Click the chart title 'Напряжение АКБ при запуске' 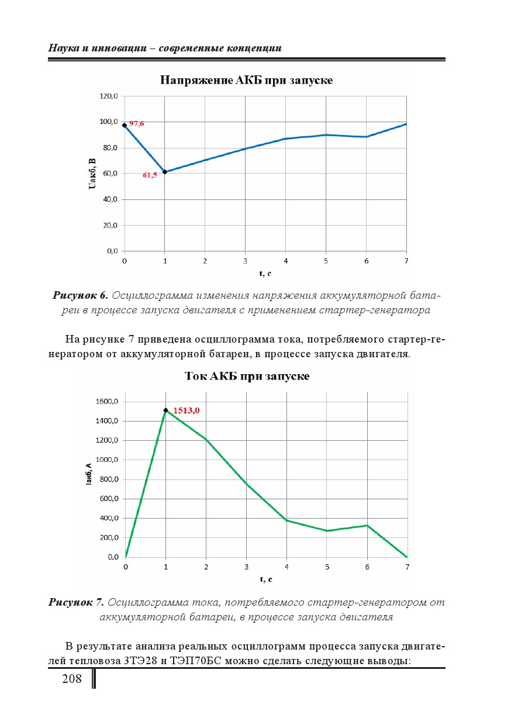coord(247,80)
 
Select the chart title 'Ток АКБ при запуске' coord(247,376)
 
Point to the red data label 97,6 coord(137,123)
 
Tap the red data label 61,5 coord(150,175)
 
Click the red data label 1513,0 coord(187,410)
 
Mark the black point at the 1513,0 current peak coord(166,410)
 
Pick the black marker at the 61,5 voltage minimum coord(165,172)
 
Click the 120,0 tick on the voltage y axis coord(109,96)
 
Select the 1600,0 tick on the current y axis coord(107,402)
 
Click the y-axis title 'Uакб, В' coord(92,173)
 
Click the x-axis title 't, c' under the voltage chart coord(265,273)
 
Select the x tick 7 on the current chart coord(408,567)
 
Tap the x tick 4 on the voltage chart coord(285,260)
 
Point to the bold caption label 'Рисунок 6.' coord(81,295)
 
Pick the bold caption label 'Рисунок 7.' coord(76,602)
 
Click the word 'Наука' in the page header coord(63,48)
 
